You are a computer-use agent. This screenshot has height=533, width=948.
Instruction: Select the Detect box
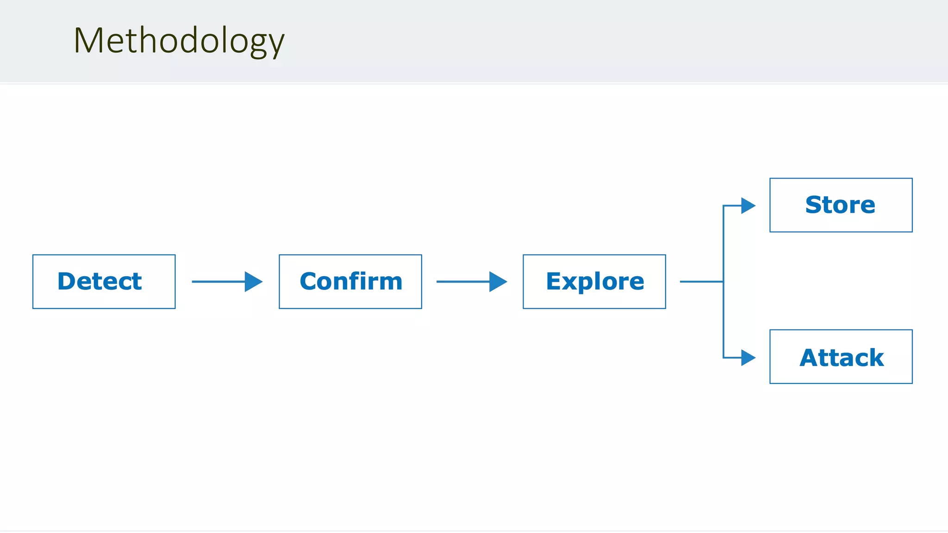tap(104, 281)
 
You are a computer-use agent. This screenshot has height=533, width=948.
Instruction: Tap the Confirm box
tap(350, 281)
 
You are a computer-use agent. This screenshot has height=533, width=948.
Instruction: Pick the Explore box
tap(594, 281)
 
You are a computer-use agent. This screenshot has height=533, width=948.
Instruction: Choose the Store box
tap(841, 205)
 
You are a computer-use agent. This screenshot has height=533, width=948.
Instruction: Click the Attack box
tap(841, 357)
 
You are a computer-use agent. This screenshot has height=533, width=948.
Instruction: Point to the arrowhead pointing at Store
tap(748, 205)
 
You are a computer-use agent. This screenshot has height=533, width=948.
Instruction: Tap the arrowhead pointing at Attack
tap(748, 358)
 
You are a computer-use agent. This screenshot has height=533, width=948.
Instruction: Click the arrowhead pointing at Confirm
tap(253, 281)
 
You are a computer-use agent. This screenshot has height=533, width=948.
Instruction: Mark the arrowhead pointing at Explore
tap(498, 281)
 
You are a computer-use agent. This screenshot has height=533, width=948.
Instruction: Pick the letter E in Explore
tap(554, 281)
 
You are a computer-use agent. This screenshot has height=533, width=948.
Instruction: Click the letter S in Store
tap(815, 205)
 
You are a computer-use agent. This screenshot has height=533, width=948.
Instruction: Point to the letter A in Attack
tap(810, 358)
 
